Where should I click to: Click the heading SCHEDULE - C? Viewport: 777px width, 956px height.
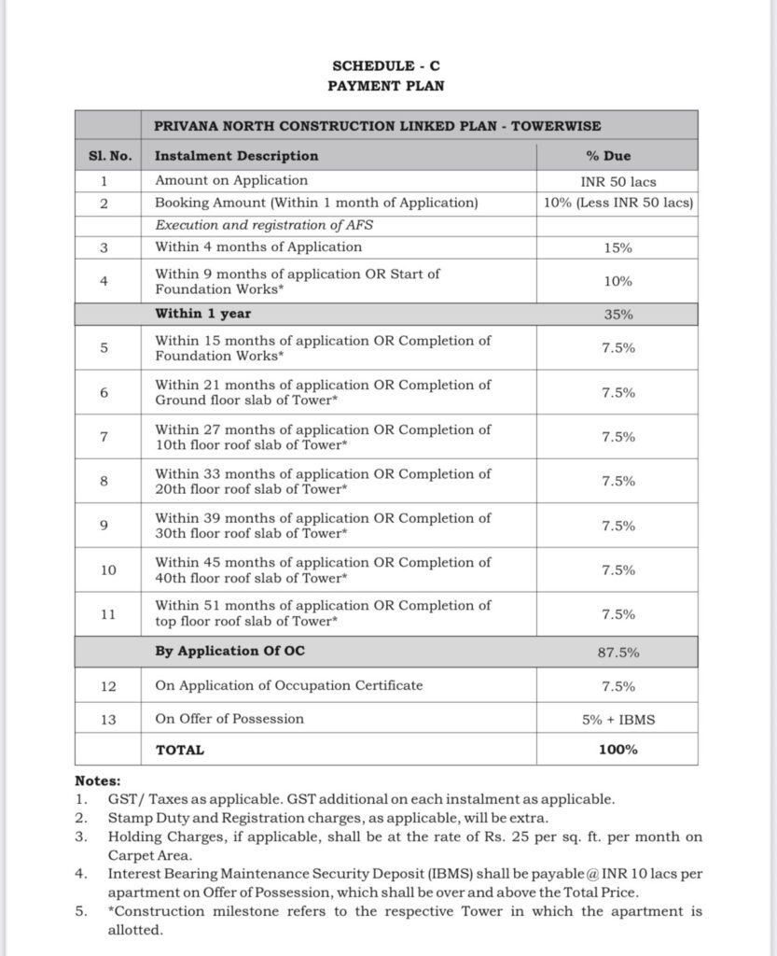coord(387,65)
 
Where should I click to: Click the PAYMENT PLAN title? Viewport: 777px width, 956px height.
coord(387,86)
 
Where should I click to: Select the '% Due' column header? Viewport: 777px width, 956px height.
coord(617,156)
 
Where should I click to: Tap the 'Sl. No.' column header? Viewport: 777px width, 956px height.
coord(104,156)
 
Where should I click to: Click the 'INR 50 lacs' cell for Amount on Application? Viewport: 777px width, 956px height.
coord(617,180)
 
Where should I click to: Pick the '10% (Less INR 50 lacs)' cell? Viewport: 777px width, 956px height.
coord(617,203)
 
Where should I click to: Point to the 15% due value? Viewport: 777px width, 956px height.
coord(617,247)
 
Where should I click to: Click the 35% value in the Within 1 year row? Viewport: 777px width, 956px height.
coord(617,315)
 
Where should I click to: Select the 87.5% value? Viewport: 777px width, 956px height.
coord(617,652)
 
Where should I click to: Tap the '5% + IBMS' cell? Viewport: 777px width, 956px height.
coord(617,719)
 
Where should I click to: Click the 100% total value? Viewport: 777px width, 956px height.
coord(617,750)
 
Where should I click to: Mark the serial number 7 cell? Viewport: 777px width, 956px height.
coord(104,437)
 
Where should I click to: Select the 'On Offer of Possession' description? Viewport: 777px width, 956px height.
coord(229,719)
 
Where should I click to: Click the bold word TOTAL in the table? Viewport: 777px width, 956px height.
coord(179,750)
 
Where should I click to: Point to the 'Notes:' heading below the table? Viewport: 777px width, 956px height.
coord(97,780)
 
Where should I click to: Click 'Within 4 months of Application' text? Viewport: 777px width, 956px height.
coord(258,247)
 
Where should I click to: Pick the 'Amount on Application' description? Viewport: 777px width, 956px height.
coord(231,180)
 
